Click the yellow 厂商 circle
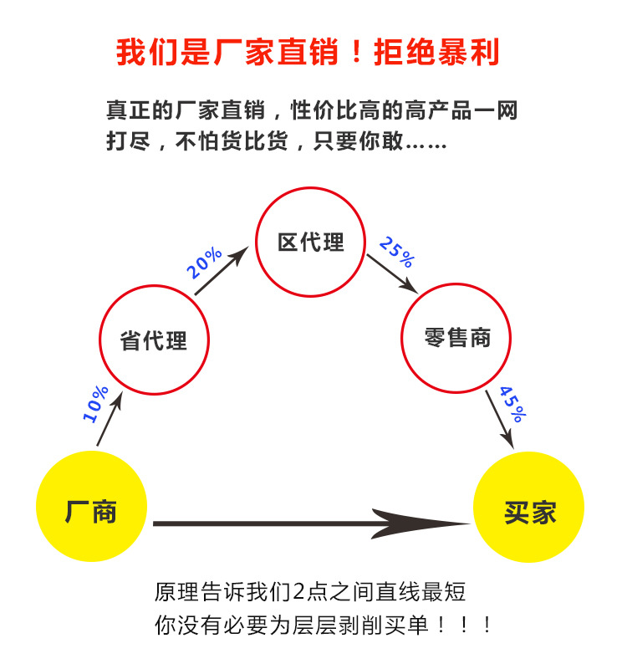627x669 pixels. coord(91,506)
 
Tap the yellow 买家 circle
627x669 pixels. coord(528,507)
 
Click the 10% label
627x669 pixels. coord(95,404)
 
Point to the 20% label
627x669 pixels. coord(204,263)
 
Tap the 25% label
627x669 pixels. coord(397,252)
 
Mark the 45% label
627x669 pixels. coord(513,404)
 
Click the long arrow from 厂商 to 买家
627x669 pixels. coord(311,523)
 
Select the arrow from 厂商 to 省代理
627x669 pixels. coord(110,419)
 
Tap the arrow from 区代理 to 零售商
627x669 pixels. coord(392,274)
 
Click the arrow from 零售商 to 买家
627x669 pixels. coord(499,420)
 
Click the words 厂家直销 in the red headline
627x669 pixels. coord(277,52)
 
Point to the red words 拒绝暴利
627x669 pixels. coord(436,52)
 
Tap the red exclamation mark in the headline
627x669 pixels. coord(357,51)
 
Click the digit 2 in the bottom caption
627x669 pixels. coord(298,592)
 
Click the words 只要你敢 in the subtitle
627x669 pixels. coord(359,140)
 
